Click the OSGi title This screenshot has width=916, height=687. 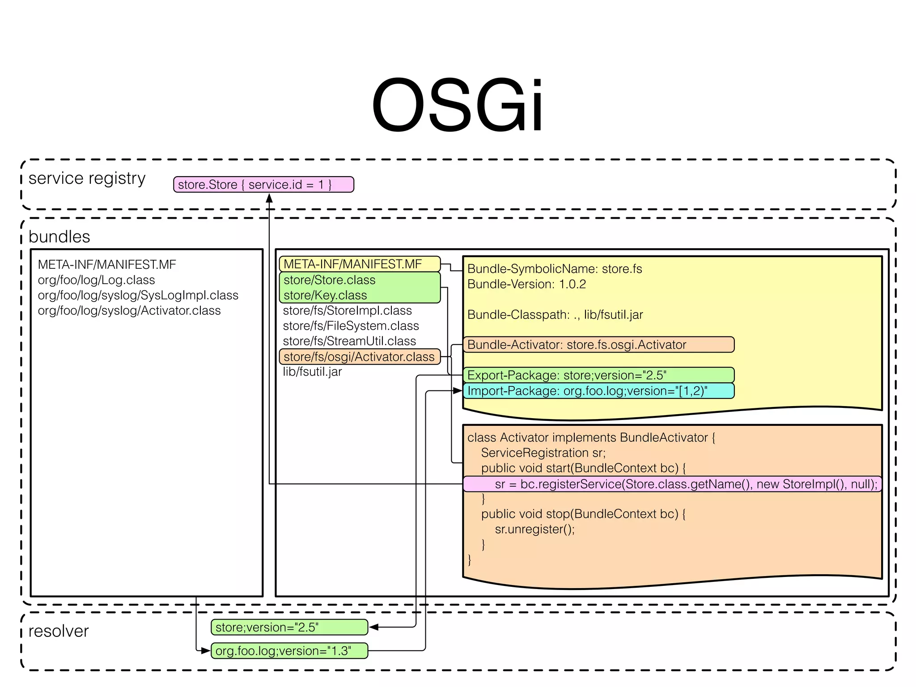457,106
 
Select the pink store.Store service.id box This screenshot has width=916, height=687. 263,184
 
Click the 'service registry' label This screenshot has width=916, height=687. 87,178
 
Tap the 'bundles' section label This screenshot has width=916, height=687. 59,237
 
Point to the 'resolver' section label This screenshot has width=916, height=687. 59,631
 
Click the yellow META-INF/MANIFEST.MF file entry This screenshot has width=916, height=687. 359,264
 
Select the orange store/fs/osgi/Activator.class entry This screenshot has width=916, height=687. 359,356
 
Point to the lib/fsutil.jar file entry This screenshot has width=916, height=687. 312,372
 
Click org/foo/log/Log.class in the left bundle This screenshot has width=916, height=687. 96,280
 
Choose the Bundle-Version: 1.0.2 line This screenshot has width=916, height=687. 526,284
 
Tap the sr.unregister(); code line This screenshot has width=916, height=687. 534,529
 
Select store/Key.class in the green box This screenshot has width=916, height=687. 325,295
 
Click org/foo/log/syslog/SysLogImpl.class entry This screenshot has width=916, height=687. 138,295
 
